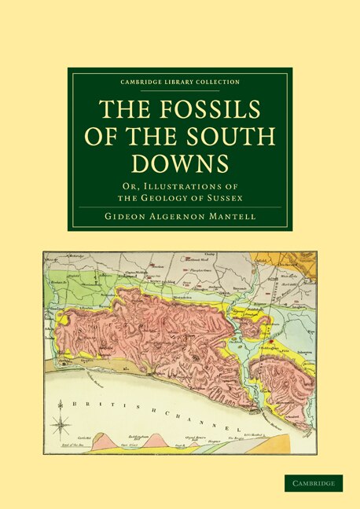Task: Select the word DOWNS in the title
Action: tap(180, 163)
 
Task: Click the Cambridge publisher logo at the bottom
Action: tap(313, 483)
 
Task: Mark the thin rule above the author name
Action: tap(180, 207)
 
